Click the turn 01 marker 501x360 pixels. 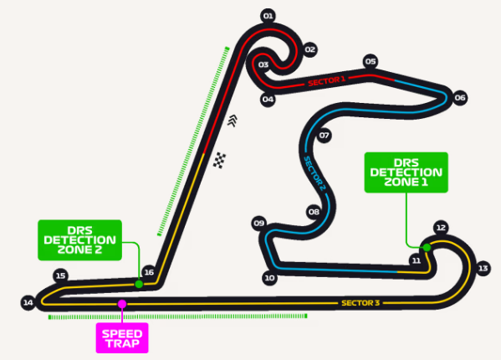pyautogui.click(x=268, y=16)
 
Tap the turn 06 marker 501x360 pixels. pyautogui.click(x=460, y=97)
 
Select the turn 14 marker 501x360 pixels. pyautogui.click(x=28, y=302)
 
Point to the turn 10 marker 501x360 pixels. pyautogui.click(x=269, y=278)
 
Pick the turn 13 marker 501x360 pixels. pyautogui.click(x=483, y=268)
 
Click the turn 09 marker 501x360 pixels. pyautogui.click(x=259, y=223)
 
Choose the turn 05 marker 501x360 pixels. pyautogui.click(x=371, y=61)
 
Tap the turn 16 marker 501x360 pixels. pyautogui.click(x=149, y=272)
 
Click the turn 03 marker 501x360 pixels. pyautogui.click(x=263, y=65)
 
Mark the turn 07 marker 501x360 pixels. pyautogui.click(x=324, y=136)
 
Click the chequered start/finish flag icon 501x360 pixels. pyautogui.click(x=219, y=160)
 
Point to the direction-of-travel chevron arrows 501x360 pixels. pyautogui.click(x=233, y=121)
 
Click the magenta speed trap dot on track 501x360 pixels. pyautogui.click(x=122, y=304)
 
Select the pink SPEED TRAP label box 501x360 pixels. pyautogui.click(x=122, y=338)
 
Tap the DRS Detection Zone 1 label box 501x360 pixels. pyautogui.click(x=406, y=172)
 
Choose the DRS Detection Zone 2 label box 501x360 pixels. pyautogui.click(x=80, y=240)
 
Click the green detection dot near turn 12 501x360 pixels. pyautogui.click(x=427, y=248)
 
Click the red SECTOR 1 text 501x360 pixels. pyautogui.click(x=326, y=81)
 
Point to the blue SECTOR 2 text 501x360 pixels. pyautogui.click(x=314, y=173)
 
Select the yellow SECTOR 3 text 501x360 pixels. pyautogui.click(x=360, y=303)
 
